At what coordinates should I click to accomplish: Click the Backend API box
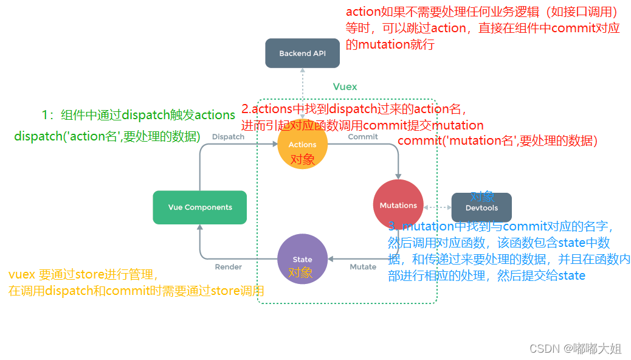[x=302, y=54]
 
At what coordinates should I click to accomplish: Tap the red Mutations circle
[x=398, y=205]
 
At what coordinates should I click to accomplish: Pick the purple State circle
[x=302, y=259]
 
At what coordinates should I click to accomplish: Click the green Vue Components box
[x=199, y=207]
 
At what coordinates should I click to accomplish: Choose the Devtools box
[x=481, y=208]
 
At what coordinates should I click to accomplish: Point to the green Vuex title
[x=345, y=87]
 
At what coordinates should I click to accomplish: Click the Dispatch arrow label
[x=228, y=137]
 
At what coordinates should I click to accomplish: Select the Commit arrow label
[x=363, y=137]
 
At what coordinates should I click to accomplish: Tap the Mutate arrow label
[x=363, y=267]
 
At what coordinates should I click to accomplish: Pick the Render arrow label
[x=229, y=267]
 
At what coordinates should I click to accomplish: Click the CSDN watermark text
[x=575, y=348]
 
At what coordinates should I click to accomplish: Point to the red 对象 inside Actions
[x=302, y=159]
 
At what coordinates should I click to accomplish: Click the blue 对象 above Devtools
[x=482, y=196]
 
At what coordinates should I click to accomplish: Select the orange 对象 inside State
[x=300, y=272]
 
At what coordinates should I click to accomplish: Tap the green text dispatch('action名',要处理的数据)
[x=107, y=137]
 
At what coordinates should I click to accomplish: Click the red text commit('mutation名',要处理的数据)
[x=497, y=141]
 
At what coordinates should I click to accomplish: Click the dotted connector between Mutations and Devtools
[x=438, y=206]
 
